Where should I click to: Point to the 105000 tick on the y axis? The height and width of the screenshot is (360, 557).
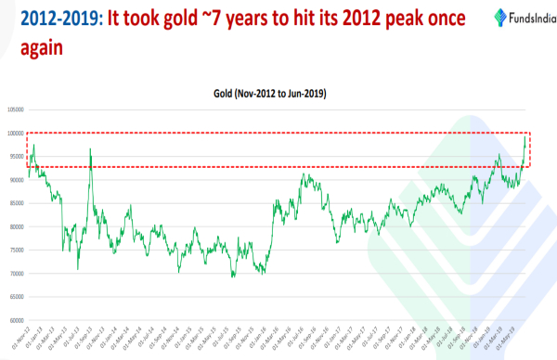(x=15, y=109)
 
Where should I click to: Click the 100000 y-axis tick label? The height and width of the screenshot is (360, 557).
(x=15, y=133)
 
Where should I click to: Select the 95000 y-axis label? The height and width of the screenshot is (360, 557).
(x=16, y=156)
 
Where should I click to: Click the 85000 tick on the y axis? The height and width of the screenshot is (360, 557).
(x=16, y=203)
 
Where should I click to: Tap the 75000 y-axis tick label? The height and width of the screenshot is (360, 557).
(x=16, y=251)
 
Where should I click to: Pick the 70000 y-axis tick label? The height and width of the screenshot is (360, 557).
(x=16, y=274)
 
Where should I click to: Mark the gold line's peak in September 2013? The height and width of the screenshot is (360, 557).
(x=90, y=148)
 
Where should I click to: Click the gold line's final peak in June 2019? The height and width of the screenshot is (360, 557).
(x=526, y=136)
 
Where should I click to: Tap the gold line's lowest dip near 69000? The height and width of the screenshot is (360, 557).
(x=233, y=276)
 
